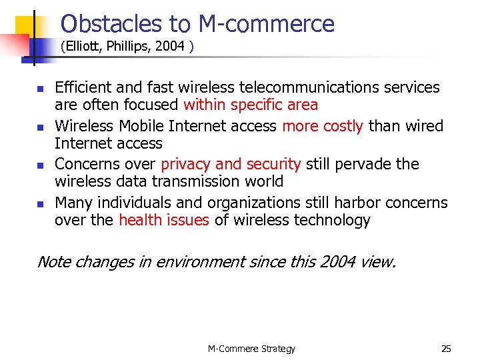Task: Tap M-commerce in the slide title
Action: (x=267, y=24)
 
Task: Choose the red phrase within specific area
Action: (x=251, y=105)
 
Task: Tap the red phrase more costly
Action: (x=323, y=126)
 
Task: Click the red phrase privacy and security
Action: (x=231, y=164)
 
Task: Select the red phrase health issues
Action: (x=164, y=221)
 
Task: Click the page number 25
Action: (x=446, y=348)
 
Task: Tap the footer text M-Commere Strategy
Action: (x=251, y=348)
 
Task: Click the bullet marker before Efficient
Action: (x=39, y=89)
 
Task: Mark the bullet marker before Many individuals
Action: (x=39, y=204)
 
